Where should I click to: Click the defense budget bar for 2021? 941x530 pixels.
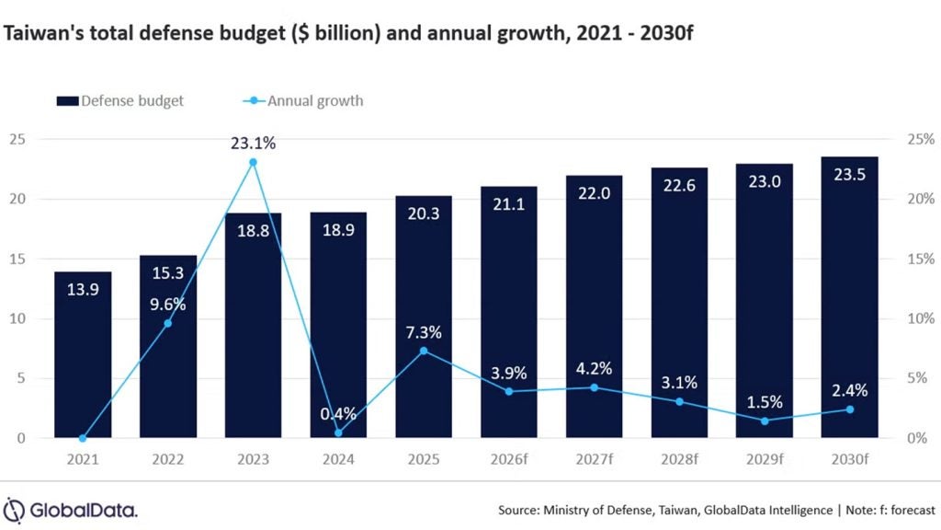pyautogui.click(x=83, y=354)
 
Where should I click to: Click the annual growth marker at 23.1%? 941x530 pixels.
pyautogui.click(x=253, y=162)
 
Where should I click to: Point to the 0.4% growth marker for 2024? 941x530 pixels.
pyautogui.click(x=338, y=432)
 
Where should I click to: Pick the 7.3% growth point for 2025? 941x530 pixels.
pyautogui.click(x=424, y=351)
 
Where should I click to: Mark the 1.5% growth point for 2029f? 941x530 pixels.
pyautogui.click(x=765, y=421)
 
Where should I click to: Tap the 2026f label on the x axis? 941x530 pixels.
pyautogui.click(x=509, y=458)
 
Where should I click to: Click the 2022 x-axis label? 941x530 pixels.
pyautogui.click(x=167, y=458)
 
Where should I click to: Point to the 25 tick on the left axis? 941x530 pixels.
pyautogui.click(x=17, y=139)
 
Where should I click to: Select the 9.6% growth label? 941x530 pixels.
pyautogui.click(x=168, y=302)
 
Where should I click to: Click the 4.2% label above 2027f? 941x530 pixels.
pyautogui.click(x=594, y=368)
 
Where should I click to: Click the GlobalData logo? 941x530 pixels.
pyautogui.click(x=71, y=509)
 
